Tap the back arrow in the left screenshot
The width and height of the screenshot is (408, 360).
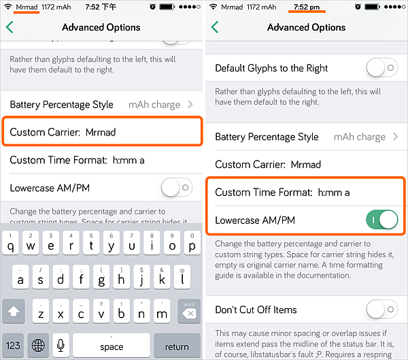coord(10,27)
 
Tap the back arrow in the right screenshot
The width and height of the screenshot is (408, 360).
coord(215,27)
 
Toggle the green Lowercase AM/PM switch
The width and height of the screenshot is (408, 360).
coord(381,220)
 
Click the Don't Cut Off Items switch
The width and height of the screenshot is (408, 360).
coord(381,309)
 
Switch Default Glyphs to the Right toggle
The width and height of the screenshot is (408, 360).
coord(381,68)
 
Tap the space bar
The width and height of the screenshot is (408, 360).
coord(112,346)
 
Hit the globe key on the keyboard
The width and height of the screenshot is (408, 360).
coord(38,346)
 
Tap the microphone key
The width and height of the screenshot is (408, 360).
coord(61,346)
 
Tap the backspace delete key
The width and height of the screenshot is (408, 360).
coord(189,311)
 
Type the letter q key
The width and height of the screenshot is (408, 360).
coord(10,243)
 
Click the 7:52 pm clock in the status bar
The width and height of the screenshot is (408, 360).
coord(307,7)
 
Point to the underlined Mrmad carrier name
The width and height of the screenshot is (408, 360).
coord(27,7)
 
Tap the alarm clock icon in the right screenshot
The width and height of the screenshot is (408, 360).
coord(358,7)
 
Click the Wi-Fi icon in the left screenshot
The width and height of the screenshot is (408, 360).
coord(8,7)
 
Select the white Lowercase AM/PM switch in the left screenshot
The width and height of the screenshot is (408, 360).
coord(177,187)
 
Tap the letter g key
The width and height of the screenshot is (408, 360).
coord(101,277)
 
